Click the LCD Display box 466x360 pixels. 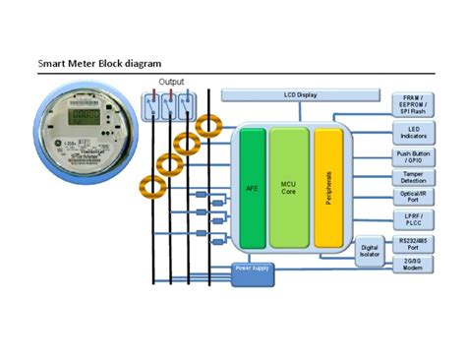299,95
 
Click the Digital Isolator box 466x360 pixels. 371,253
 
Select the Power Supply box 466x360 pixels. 252,269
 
